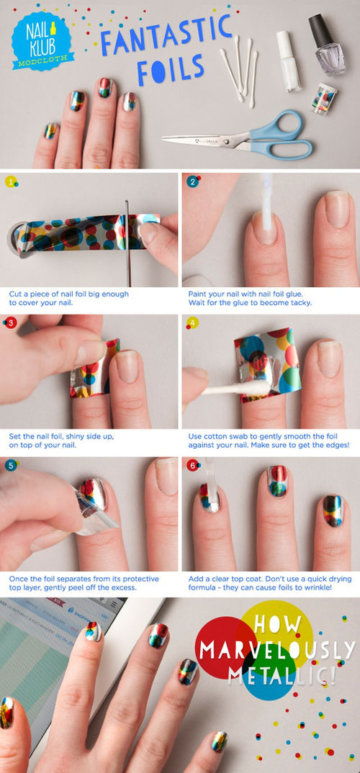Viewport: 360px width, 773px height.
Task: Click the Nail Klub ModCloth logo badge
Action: pos(42,41)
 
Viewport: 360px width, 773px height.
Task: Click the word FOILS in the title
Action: pos(170,70)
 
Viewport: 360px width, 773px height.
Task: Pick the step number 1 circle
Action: pos(11,182)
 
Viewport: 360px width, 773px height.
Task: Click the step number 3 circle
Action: pos(11,323)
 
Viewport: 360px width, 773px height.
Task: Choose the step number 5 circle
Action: pos(11,465)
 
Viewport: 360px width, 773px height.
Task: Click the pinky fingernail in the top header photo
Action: pos(50,131)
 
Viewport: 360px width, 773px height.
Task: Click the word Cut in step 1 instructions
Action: pos(15,294)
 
